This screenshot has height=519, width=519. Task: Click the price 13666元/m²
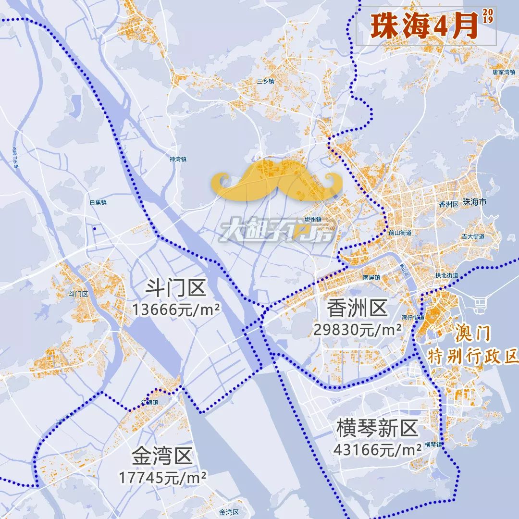tap(177, 310)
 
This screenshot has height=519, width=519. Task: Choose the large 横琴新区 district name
tap(377, 428)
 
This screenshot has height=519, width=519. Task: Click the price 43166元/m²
tap(378, 450)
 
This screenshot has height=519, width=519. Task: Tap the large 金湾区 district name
tap(162, 456)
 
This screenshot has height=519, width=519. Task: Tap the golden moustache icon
tap(276, 181)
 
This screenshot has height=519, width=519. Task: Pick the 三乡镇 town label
tap(265, 81)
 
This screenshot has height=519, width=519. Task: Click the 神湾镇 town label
tap(178, 159)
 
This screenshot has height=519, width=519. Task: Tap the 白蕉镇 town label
tap(98, 202)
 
